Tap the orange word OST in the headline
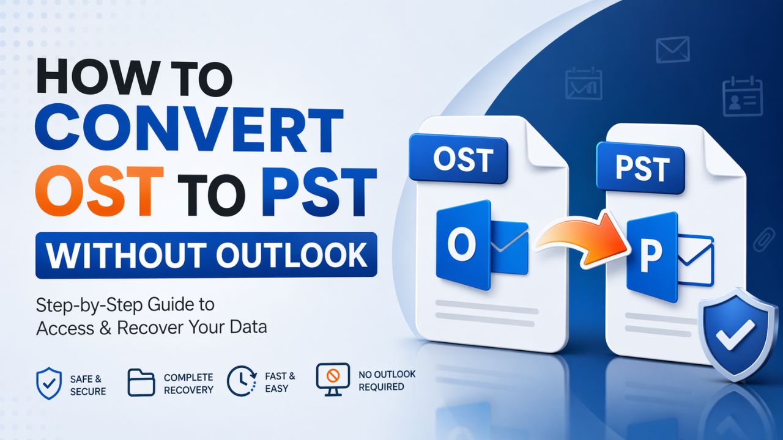[100, 191]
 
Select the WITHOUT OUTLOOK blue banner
[206, 255]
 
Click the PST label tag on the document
[640, 168]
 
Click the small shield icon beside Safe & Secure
[49, 383]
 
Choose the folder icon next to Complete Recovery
[141, 383]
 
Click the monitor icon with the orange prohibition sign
[333, 379]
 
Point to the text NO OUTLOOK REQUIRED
[387, 380]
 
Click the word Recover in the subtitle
[149, 328]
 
